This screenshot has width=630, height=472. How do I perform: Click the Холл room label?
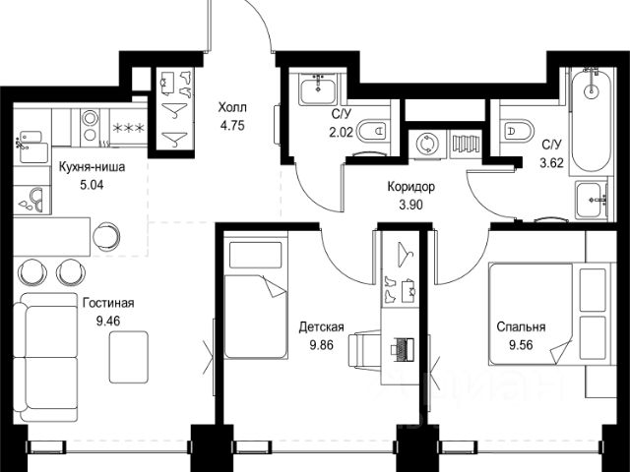pyautogui.click(x=232, y=107)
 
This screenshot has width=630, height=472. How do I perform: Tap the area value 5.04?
pyautogui.click(x=92, y=185)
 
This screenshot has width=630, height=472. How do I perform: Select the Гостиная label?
pyautogui.click(x=108, y=303)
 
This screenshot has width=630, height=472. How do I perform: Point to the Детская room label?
pyautogui.click(x=322, y=327)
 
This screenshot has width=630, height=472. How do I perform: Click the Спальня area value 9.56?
pyautogui.click(x=521, y=345)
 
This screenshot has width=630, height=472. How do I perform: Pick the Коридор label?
pyautogui.click(x=411, y=187)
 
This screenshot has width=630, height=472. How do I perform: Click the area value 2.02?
pyautogui.click(x=342, y=132)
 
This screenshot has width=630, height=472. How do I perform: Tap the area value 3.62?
pyautogui.click(x=551, y=163)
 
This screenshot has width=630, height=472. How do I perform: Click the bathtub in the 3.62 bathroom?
pyautogui.click(x=592, y=121)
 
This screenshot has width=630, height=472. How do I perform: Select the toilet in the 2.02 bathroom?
pyautogui.click(x=373, y=130)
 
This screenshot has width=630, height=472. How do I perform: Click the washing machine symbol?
pyautogui.click(x=425, y=144)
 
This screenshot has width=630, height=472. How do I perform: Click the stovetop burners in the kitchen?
pyautogui.click(x=90, y=127)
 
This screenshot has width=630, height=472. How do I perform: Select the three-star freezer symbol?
pyautogui.click(x=128, y=129)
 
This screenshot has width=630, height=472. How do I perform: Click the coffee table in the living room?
pyautogui.click(x=129, y=357)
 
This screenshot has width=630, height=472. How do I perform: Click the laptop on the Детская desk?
pyautogui.click(x=403, y=347)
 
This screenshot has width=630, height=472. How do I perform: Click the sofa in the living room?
pyautogui.click(x=46, y=357)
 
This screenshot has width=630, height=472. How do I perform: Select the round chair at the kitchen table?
pyautogui.click(x=106, y=236)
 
